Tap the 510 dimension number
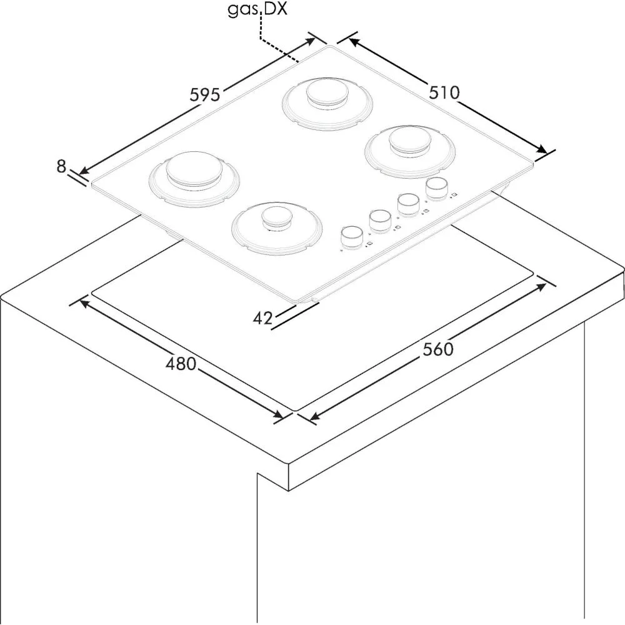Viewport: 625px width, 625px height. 444,93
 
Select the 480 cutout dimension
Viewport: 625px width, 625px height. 181,364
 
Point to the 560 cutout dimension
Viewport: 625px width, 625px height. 438,349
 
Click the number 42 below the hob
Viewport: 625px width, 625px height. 262,318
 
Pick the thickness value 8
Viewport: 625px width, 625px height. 61,166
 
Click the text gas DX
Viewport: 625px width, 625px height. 257,9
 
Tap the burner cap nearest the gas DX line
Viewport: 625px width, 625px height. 326,93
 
